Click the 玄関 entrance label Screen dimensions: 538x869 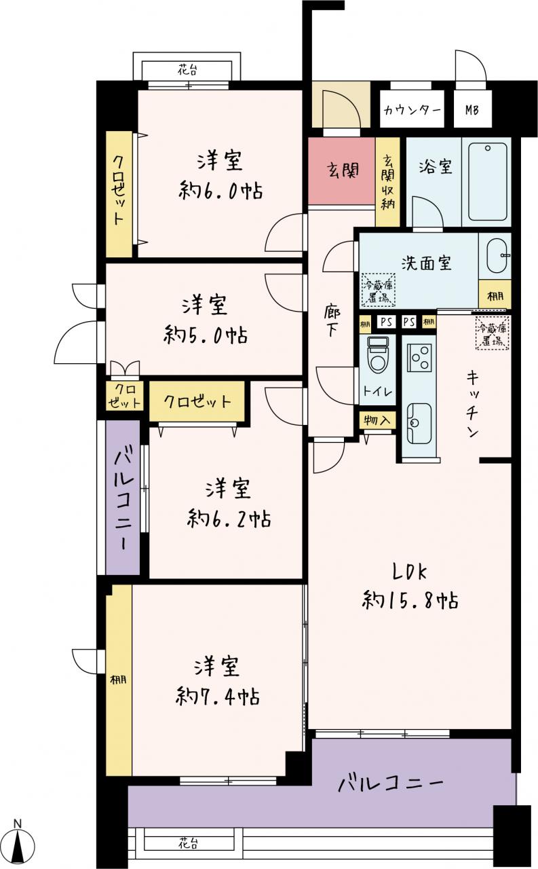coord(342,170)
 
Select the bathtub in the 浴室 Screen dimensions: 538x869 coord(487,181)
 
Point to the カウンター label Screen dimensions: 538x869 coord(412,110)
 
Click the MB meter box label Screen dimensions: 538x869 coord(472,110)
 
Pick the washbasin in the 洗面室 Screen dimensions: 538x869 coord(498,256)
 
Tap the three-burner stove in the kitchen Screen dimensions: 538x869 coord(419,358)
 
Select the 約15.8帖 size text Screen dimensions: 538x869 coord(410,601)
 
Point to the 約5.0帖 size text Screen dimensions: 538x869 coord(206,335)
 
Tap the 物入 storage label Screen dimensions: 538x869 coord(377,420)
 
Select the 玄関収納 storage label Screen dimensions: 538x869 coord(387,182)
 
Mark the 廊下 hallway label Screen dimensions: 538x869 coord(332,322)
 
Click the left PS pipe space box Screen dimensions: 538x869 coord(386,322)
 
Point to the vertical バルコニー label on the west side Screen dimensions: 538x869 coord(123,498)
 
